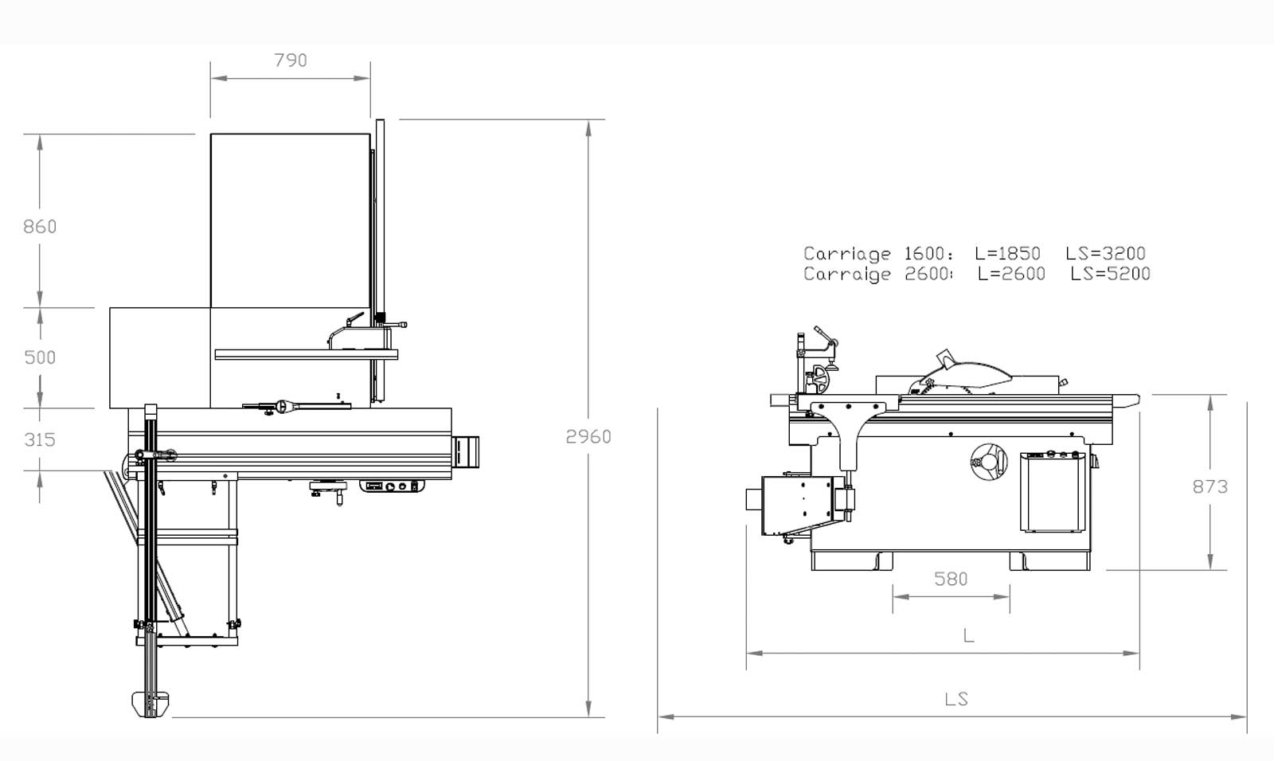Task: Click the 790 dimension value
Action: tap(290, 60)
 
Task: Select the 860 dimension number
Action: tap(40, 227)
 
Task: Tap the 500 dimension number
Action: tap(40, 357)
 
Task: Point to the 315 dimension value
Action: tap(40, 439)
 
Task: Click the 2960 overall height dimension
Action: tap(588, 436)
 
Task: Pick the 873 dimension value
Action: tap(1210, 486)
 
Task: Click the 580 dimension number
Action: tap(951, 579)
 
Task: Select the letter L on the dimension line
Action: tap(968, 635)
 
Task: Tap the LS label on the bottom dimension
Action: tap(956, 699)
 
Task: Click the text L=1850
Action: tap(1007, 254)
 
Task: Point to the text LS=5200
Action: tap(1110, 274)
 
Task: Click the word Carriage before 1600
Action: tap(846, 254)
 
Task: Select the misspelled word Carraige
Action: tap(846, 274)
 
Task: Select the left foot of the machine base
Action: tap(851, 560)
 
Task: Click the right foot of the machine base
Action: tap(1049, 560)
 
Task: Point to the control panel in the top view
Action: tap(391, 486)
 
